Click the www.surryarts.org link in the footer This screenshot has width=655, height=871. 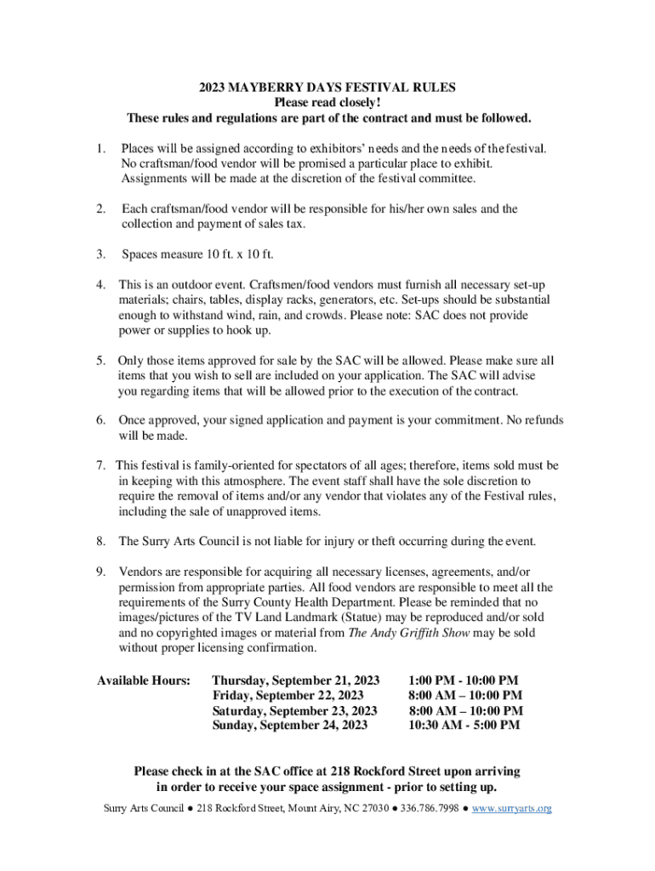coord(512,807)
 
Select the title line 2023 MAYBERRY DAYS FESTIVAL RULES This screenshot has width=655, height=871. coord(327,87)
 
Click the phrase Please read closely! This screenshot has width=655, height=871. coord(327,102)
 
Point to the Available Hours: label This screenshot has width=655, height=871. coord(143,680)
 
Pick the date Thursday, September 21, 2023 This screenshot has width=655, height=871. coord(295,680)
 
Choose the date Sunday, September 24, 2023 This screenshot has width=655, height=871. coord(290,725)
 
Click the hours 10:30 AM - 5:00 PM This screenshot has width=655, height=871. coord(464,725)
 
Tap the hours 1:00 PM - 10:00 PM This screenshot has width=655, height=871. coord(464,680)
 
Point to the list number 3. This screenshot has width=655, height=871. coord(100,254)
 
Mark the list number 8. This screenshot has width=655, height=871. coord(100,541)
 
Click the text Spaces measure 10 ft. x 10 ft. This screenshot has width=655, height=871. coord(198,254)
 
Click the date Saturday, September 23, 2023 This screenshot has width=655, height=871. coord(294,710)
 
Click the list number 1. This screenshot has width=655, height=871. coord(100,148)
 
